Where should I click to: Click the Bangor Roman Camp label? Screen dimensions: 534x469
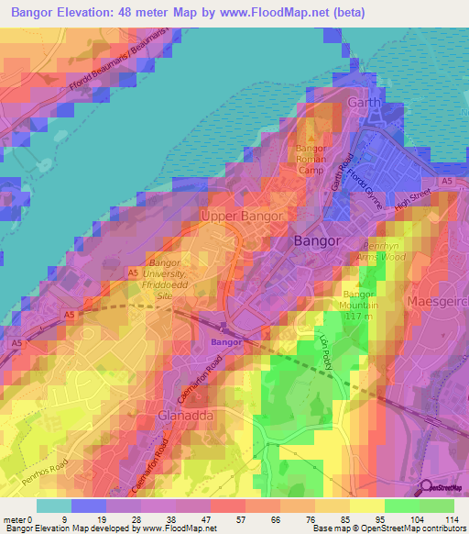[x=311, y=158]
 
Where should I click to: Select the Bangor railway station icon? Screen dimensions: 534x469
[x=224, y=328]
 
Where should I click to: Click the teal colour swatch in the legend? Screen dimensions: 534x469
[x=54, y=505]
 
